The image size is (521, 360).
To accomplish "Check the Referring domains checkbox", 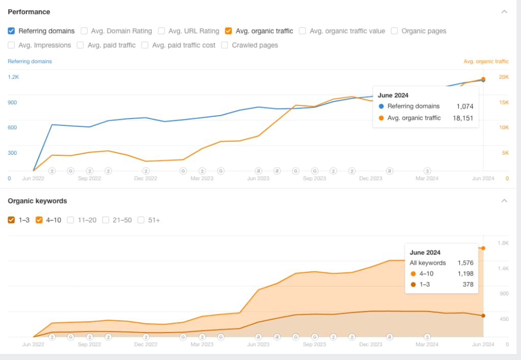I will click(11, 31).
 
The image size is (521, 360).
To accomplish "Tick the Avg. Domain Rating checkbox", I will click(84, 31).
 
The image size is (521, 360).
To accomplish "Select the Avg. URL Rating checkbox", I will click(161, 31).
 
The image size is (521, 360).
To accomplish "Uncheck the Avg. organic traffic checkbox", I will click(228, 31).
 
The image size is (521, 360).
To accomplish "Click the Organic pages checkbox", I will click(394, 31).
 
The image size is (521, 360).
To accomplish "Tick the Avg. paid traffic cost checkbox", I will click(145, 45).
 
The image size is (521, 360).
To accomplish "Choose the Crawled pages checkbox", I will click(225, 45).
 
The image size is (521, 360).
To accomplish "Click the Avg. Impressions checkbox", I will click(11, 45).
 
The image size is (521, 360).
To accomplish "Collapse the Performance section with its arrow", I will click(504, 12).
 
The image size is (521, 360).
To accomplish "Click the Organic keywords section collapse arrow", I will click(504, 201).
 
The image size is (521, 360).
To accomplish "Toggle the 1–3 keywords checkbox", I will click(11, 220).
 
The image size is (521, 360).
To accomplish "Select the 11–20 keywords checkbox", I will click(71, 220).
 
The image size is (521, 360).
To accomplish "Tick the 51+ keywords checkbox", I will click(141, 220).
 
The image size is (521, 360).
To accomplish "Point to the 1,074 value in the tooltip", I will click(465, 106).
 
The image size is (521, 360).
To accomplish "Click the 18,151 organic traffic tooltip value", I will click(463, 118).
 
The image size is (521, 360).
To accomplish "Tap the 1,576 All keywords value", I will click(465, 263).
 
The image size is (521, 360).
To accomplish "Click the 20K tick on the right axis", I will click(503, 77).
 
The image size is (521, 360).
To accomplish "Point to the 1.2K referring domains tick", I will click(13, 77).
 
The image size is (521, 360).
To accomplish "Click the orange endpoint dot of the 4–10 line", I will click(483, 248).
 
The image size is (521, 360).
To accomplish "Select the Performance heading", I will click(29, 12).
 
